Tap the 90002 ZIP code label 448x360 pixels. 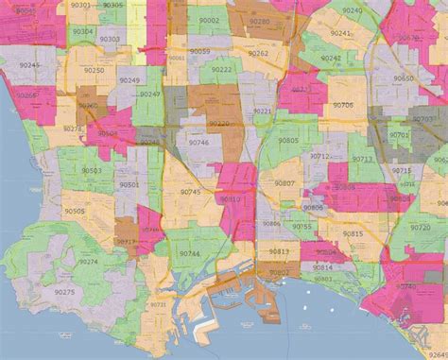[209, 20]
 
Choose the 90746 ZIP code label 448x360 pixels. [198, 143]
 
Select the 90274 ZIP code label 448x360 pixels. [88, 262]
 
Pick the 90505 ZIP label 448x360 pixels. [73, 213]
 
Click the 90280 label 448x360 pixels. [260, 21]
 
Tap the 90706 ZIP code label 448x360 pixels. [342, 105]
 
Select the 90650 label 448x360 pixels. [405, 78]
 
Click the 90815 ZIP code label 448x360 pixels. [353, 232]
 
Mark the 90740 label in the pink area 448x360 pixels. [405, 285]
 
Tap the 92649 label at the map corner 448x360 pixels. [436, 352]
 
